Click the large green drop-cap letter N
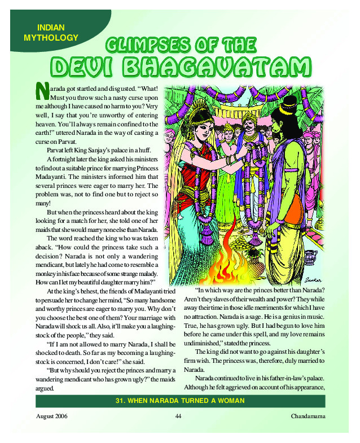(x=42, y=91)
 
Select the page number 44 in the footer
(x=178, y=416)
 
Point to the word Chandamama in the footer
(x=308, y=416)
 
